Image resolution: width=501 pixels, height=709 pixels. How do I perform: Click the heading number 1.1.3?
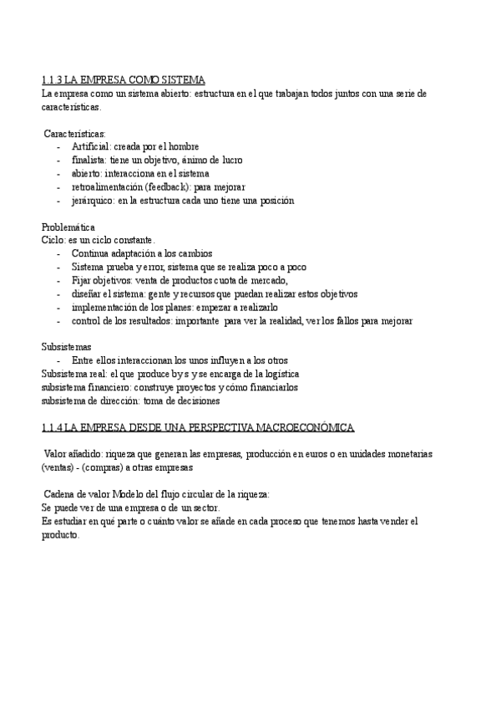pyautogui.click(x=52, y=80)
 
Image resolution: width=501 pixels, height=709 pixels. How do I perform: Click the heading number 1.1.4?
pyautogui.click(x=52, y=428)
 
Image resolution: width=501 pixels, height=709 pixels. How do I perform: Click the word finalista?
pyautogui.click(x=89, y=160)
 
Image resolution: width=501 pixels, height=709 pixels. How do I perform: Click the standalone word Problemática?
pyautogui.click(x=68, y=227)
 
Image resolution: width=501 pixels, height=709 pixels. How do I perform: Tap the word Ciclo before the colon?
pyautogui.click(x=53, y=240)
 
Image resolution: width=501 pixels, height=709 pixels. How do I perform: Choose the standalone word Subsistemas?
pyautogui.click(x=67, y=347)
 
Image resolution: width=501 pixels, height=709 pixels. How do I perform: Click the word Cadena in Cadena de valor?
pyautogui.click(x=61, y=494)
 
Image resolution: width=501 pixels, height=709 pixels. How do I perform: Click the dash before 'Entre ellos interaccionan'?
pyautogui.click(x=58, y=360)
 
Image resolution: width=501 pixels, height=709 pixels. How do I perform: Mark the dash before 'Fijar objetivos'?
pyautogui.click(x=58, y=280)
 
